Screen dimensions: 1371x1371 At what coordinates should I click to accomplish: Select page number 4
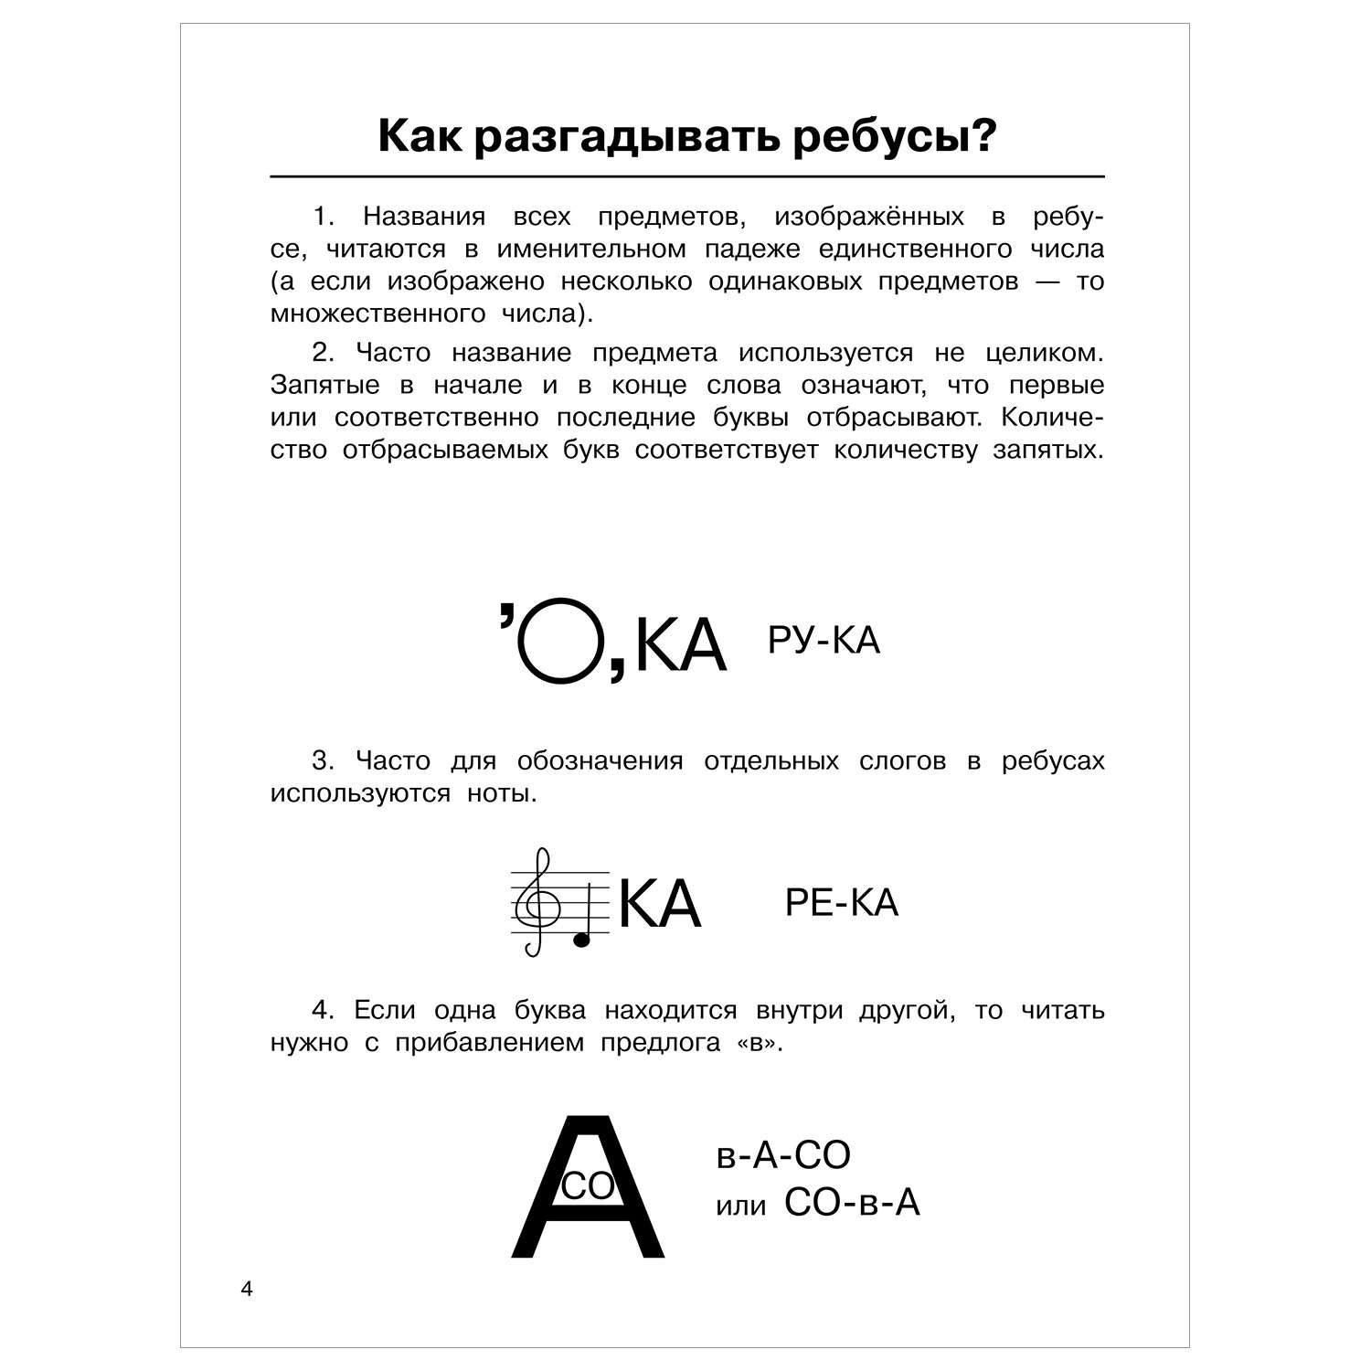point(244,1290)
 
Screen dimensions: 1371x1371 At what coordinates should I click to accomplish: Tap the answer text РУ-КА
point(824,641)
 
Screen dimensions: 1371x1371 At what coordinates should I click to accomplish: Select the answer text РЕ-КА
point(842,903)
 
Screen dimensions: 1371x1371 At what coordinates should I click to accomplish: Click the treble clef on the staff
point(535,901)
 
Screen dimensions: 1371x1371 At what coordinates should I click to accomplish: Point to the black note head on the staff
point(580,939)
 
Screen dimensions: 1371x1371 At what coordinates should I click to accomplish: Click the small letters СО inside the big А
point(588,1186)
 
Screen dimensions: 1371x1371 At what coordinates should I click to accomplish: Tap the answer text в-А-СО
point(783,1155)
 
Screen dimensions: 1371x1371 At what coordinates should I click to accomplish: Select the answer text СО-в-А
point(852,1204)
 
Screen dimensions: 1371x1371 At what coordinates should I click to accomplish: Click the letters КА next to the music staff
point(660,904)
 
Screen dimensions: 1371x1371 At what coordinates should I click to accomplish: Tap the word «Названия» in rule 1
point(424,217)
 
